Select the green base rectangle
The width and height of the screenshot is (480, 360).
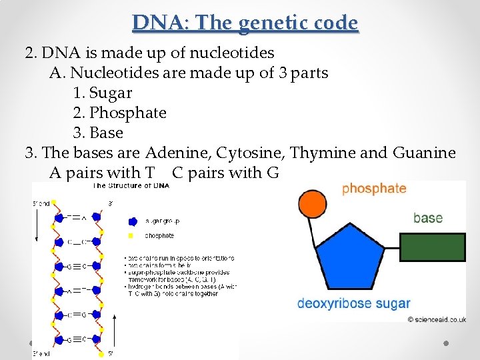431,247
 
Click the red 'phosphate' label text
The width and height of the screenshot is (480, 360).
373,188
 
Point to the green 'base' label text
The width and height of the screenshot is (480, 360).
427,218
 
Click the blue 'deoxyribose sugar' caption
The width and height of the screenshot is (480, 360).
353,304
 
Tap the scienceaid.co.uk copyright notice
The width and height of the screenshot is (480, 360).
436,320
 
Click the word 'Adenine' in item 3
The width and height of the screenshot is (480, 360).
177,153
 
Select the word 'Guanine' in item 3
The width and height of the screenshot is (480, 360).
425,153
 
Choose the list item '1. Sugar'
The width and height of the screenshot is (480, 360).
102,93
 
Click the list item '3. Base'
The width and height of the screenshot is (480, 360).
98,133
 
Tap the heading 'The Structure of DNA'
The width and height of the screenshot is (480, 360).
131,185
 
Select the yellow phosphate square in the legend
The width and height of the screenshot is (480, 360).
131,235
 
